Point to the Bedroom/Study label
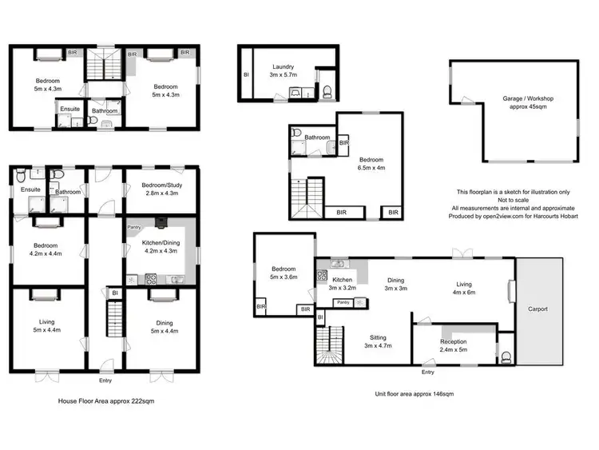(161, 189)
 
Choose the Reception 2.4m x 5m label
(453, 345)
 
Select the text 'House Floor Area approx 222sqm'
(106, 401)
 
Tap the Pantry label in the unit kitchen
(344, 303)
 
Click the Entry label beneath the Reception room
(428, 372)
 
